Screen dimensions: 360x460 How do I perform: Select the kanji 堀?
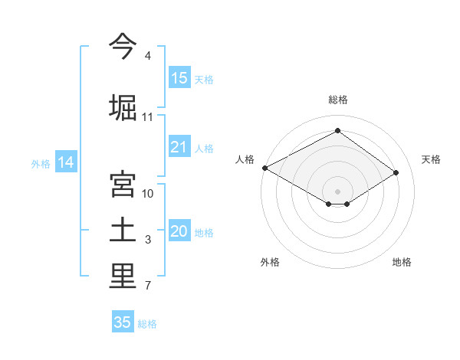click(x=123, y=106)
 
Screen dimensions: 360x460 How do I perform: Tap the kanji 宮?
click(x=123, y=185)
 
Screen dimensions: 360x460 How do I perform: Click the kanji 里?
click(x=123, y=277)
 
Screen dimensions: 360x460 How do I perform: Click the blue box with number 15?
click(x=179, y=77)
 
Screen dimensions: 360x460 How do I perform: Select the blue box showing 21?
click(x=179, y=147)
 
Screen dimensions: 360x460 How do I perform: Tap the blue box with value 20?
click(x=179, y=231)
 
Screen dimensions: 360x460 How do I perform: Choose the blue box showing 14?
click(x=66, y=162)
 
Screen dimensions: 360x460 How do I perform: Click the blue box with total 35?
click(x=123, y=322)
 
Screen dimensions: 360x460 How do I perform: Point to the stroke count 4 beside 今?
click(x=148, y=56)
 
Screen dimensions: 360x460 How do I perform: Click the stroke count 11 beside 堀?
click(x=148, y=116)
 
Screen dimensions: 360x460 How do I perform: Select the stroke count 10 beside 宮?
click(x=148, y=193)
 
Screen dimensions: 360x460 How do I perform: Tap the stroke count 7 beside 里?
click(x=148, y=286)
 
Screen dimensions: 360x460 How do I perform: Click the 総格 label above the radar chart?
click(x=337, y=100)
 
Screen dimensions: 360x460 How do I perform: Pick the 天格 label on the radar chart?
click(x=431, y=159)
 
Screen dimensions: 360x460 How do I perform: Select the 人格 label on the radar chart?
click(x=245, y=159)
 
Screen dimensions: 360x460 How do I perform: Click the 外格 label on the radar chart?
click(x=270, y=262)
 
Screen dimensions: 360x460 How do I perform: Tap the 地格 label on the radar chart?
click(x=402, y=262)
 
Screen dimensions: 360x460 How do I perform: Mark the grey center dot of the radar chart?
click(x=337, y=190)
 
